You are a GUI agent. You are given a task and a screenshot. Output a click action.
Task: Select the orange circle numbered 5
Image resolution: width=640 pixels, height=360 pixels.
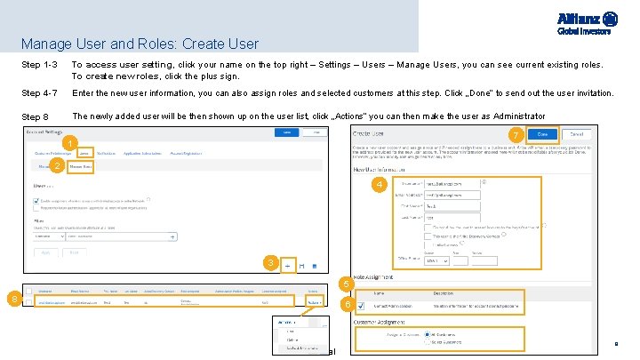[344, 284]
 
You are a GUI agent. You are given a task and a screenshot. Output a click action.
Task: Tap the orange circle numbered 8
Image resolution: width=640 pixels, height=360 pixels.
[12, 299]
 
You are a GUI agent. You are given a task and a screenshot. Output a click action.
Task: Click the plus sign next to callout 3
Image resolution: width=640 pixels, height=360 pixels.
[287, 265]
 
